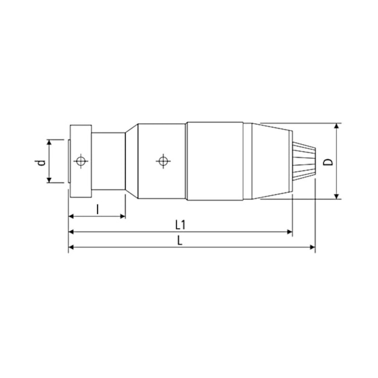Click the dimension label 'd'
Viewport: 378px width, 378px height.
(40, 162)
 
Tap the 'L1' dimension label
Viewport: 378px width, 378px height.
(180, 224)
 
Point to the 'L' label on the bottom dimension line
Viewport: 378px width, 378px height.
(180, 241)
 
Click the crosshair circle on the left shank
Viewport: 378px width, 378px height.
(80, 161)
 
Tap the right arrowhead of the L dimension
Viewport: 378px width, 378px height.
(312, 248)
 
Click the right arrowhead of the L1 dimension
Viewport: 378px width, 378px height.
(289, 232)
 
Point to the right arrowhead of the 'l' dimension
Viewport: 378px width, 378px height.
(123, 217)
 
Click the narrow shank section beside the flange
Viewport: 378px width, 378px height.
(109, 161)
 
